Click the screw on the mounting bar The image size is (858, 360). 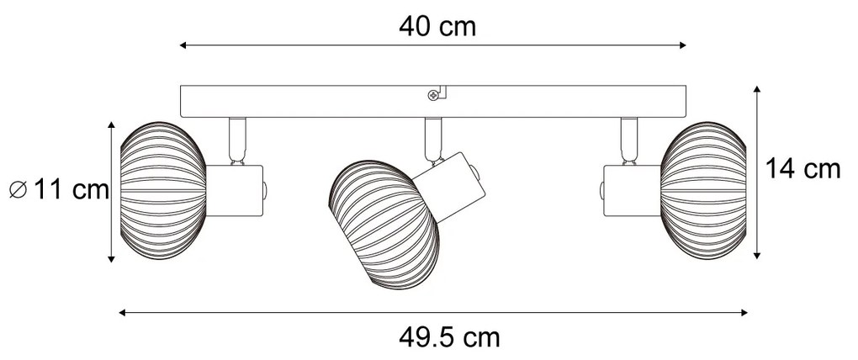[x=432, y=95]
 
